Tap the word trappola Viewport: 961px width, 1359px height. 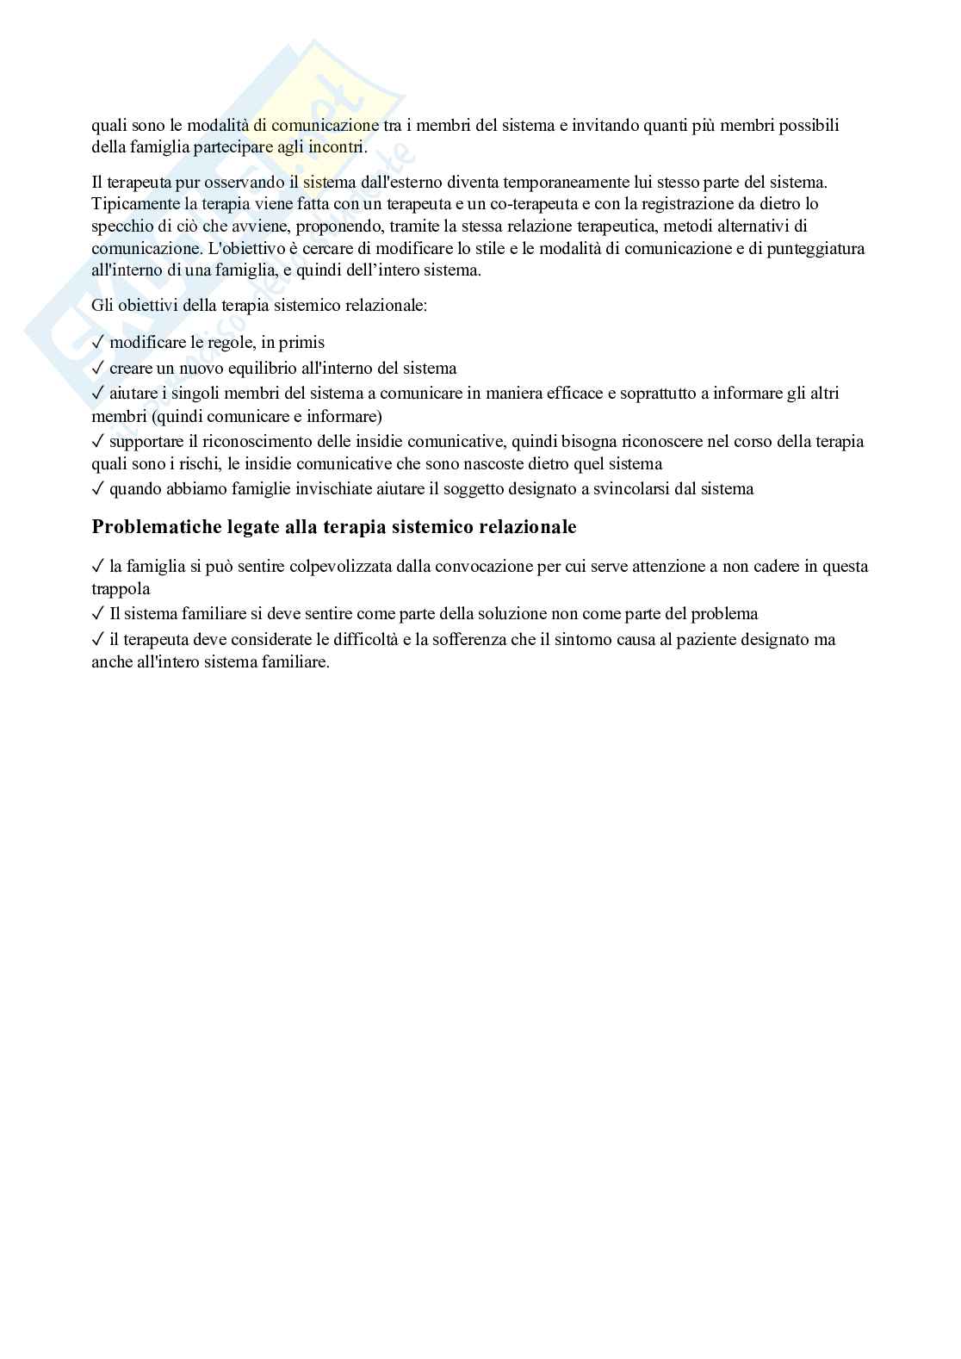(x=121, y=590)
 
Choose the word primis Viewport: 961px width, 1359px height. (x=302, y=343)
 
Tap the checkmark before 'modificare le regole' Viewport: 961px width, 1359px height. (x=98, y=343)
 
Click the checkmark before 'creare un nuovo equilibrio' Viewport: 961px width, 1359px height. (x=98, y=369)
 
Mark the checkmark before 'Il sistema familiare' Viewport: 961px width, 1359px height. (x=98, y=614)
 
